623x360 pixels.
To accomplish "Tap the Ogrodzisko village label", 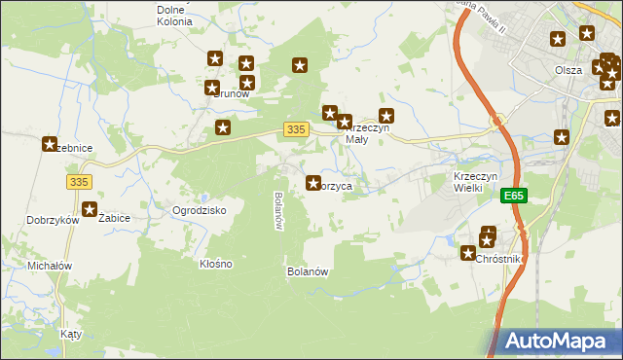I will coord(200,210).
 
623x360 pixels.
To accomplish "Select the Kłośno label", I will coord(215,264).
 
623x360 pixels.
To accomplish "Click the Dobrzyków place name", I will coord(53,221).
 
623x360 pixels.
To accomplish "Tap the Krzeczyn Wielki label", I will coord(476,182).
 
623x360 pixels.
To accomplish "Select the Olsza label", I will coord(568,70).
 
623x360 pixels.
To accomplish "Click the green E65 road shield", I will coord(515,196).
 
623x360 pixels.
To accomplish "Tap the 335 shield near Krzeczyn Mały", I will coord(298,129).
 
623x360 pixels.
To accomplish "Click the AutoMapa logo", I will coord(559,342).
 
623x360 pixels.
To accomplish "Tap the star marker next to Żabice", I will coord(91,208).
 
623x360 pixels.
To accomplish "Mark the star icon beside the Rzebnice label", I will coord(49,144).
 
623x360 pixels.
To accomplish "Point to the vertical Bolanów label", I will coord(278,210).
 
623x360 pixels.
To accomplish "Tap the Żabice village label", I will coord(115,219).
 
